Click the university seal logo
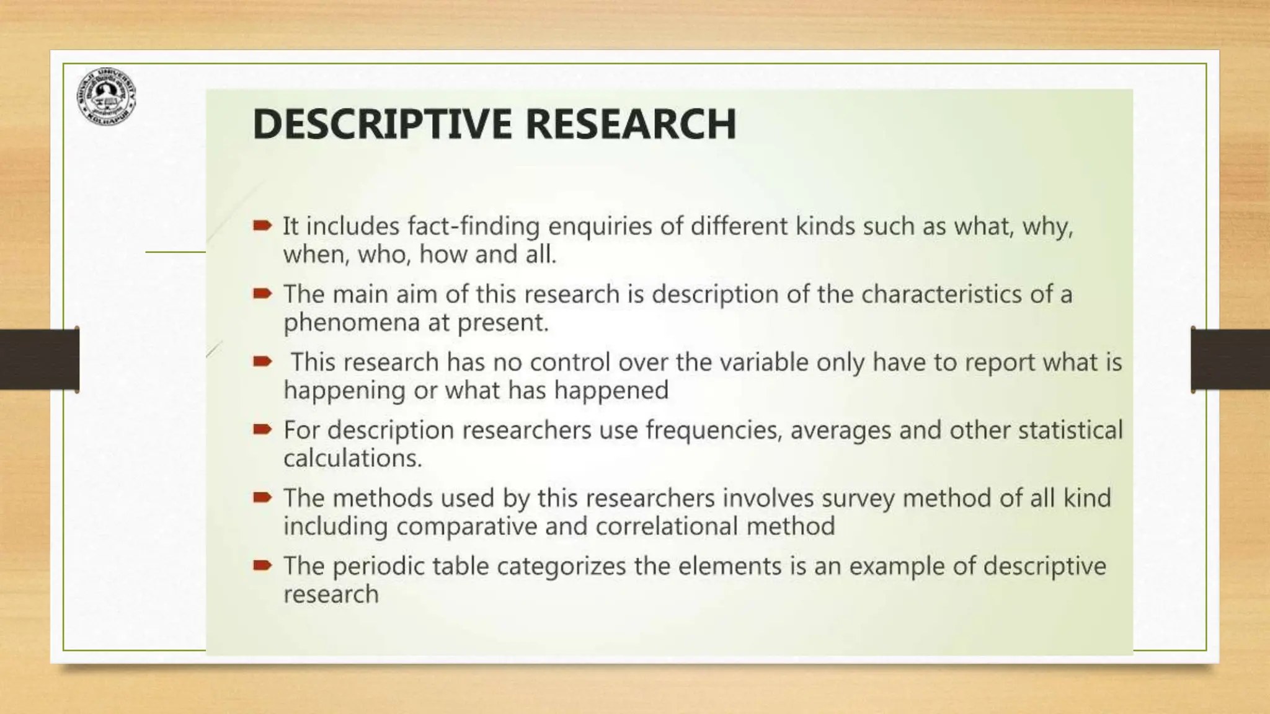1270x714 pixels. point(106,96)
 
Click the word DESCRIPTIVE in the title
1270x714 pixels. point(382,124)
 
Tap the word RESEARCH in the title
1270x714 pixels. point(631,124)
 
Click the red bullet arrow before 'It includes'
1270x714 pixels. point(262,226)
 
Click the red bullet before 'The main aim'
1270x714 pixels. point(262,294)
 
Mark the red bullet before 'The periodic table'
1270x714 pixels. point(262,565)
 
